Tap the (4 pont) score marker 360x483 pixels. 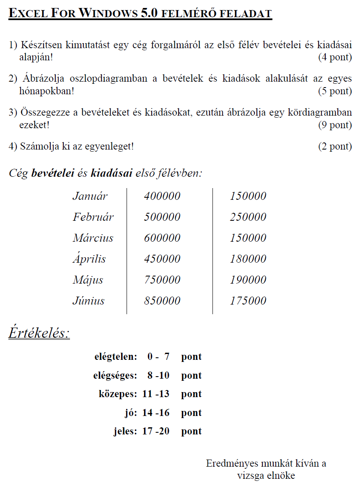[335, 57]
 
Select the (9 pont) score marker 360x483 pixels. [335, 124]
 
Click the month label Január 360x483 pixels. [90, 196]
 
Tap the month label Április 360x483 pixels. [89, 259]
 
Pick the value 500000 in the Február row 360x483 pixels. [162, 217]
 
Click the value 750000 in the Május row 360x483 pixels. [162, 280]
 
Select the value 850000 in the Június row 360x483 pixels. [162, 301]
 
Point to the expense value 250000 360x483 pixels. [248, 217]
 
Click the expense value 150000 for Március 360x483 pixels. [248, 238]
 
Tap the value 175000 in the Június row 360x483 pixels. [248, 301]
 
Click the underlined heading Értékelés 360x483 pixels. [39, 333]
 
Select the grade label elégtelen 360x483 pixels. [116, 357]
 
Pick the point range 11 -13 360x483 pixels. [156, 394]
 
